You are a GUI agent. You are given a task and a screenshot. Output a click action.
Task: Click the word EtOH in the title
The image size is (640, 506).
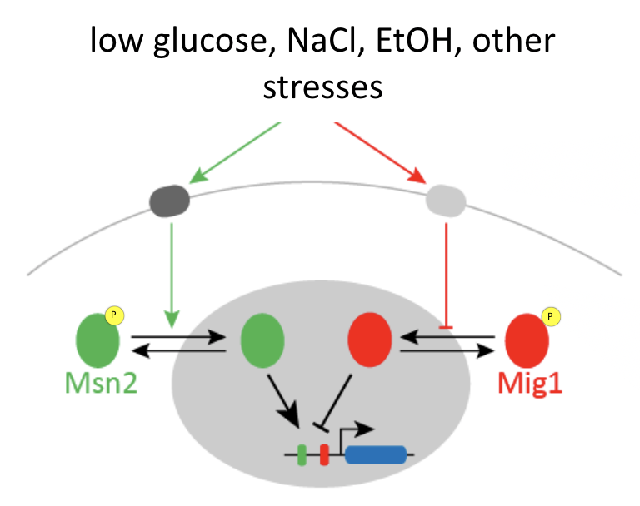click(x=414, y=41)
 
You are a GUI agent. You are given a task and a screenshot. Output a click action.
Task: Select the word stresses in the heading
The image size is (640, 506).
click(x=322, y=86)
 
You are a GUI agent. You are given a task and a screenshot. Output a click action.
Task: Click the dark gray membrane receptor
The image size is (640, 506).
click(x=169, y=201)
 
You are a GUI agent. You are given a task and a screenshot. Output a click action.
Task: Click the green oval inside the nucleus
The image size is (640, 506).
click(x=262, y=339)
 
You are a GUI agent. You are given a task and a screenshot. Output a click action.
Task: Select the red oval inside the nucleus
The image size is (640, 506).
click(x=369, y=339)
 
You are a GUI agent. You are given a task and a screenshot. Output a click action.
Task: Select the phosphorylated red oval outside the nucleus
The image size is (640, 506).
click(x=527, y=339)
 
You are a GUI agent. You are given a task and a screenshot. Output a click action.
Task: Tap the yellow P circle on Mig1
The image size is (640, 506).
click(x=550, y=316)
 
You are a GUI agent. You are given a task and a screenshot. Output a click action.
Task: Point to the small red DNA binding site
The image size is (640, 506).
click(x=324, y=454)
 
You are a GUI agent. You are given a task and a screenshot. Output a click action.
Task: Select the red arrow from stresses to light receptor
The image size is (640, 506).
click(x=380, y=151)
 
